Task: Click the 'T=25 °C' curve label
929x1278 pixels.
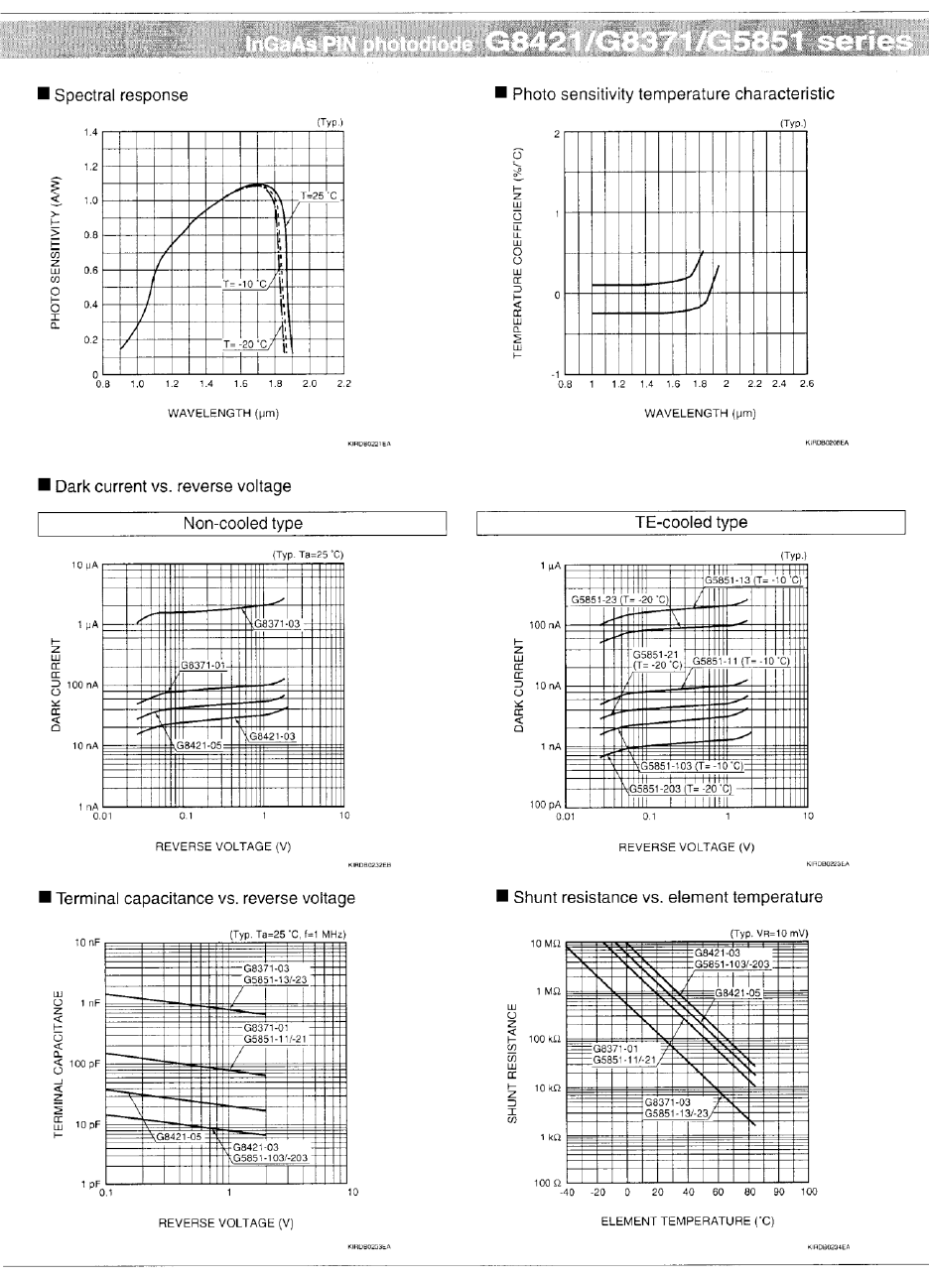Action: tap(320, 196)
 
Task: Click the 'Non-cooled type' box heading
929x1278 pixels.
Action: tap(243, 523)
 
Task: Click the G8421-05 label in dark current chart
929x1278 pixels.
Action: tap(199, 744)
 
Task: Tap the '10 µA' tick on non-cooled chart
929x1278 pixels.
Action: tap(81, 566)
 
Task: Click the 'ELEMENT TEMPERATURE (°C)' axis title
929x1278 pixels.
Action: tap(687, 1222)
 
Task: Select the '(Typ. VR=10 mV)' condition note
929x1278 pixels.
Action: tap(769, 934)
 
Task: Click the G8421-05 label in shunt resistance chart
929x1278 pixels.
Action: tap(739, 992)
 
